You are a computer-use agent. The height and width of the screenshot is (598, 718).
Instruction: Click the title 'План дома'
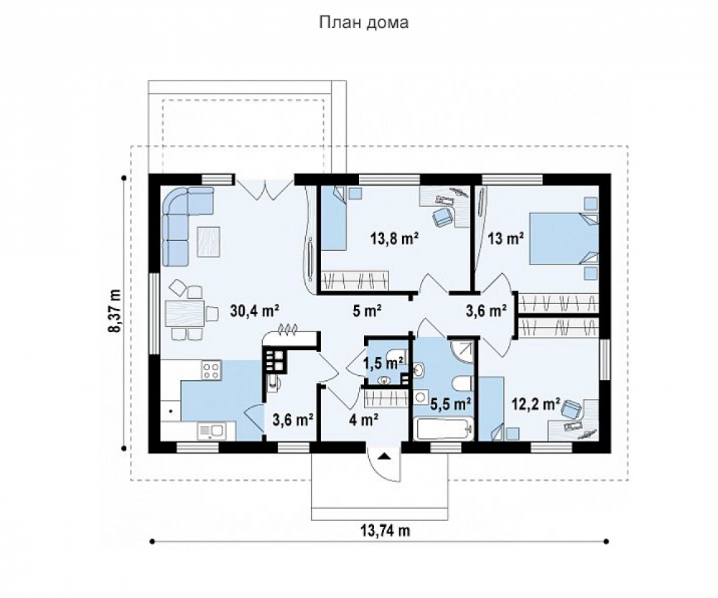[363, 22]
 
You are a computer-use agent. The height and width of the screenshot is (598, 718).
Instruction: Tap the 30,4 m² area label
[255, 311]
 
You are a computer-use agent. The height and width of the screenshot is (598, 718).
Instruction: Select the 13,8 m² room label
[395, 239]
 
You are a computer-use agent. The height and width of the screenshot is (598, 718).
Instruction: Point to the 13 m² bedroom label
[505, 239]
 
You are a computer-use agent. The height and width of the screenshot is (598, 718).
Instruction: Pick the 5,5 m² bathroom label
[451, 404]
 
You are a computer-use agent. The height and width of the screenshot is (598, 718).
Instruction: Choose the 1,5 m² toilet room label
[383, 364]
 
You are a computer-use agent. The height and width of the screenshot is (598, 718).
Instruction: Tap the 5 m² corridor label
[367, 311]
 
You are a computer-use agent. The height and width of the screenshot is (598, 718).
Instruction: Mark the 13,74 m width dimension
[385, 530]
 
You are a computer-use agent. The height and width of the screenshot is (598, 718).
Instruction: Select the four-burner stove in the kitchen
[211, 370]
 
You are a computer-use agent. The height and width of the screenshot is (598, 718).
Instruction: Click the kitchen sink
[210, 431]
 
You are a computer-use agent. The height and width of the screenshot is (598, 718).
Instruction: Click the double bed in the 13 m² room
[564, 239]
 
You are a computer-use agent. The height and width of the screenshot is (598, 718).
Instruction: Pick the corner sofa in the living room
[182, 220]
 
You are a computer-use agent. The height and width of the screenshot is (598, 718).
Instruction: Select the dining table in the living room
[184, 313]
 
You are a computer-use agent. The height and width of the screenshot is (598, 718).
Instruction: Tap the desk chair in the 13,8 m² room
[442, 216]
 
